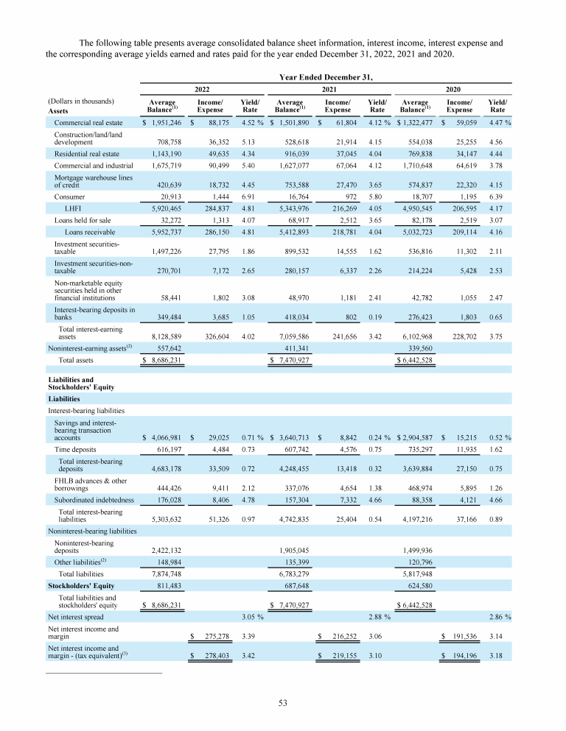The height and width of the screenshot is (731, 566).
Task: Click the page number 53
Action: pyautogui.click(x=282, y=702)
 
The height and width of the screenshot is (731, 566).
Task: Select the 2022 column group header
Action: pyautogui.click(x=200, y=88)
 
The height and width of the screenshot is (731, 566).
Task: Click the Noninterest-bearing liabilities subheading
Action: pyautogui.click(x=92, y=530)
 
